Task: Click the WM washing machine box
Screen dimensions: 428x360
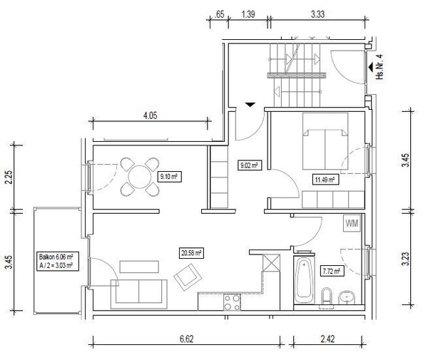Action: (352, 223)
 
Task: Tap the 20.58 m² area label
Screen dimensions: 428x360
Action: (191, 253)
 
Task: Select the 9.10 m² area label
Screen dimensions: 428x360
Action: (169, 177)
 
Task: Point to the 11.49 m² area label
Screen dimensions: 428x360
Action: (325, 180)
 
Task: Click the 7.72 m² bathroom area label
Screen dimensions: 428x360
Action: (332, 272)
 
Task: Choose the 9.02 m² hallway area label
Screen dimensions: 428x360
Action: (250, 165)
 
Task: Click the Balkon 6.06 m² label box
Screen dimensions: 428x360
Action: (58, 262)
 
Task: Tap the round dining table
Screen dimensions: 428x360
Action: (140, 177)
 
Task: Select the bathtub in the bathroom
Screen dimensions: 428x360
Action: (304, 279)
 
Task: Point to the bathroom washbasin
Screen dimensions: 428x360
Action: (347, 297)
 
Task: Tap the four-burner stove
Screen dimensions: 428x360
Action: (232, 302)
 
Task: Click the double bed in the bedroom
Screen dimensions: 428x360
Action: (325, 141)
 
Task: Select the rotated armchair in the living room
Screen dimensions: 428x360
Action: (188, 277)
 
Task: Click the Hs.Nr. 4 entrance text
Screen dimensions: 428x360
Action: (379, 67)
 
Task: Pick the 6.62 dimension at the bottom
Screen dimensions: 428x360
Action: (187, 339)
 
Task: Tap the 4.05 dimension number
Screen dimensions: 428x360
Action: (150, 115)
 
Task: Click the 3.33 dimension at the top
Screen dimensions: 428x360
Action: (317, 14)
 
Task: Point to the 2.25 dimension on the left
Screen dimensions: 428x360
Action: (9, 178)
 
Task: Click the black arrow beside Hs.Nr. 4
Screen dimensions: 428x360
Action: (371, 67)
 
